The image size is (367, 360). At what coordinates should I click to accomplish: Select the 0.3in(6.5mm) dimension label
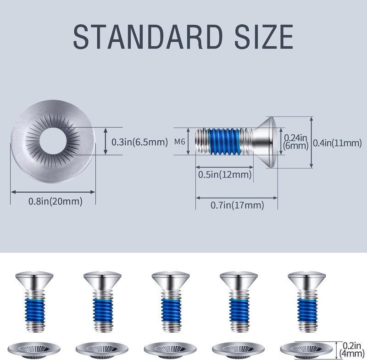coord(140,142)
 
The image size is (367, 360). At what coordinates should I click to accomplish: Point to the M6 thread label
coord(180,142)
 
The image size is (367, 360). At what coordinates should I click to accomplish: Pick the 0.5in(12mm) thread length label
coord(225,175)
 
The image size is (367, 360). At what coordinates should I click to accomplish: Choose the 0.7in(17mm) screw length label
coord(237,205)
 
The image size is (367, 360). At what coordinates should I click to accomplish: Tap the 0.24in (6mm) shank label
coord(295,141)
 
